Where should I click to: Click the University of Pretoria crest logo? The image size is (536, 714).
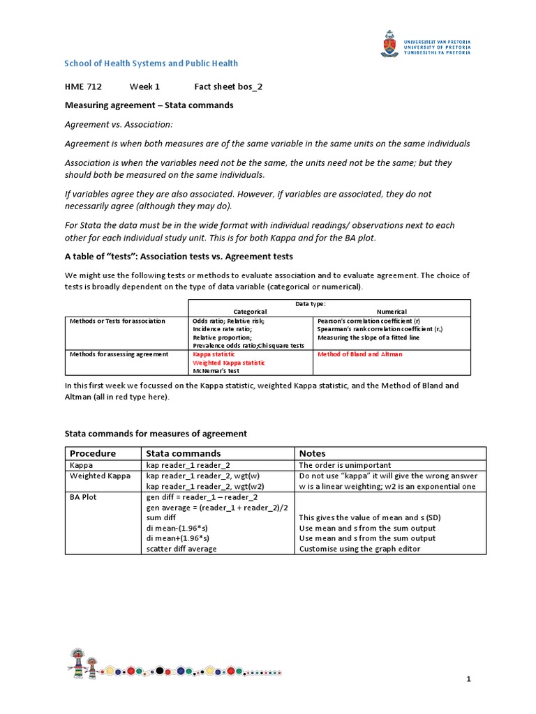(x=387, y=43)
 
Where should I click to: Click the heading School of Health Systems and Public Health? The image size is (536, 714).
(x=151, y=63)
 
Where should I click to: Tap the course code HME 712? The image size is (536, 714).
(x=83, y=86)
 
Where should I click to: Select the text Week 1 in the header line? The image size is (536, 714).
(x=144, y=86)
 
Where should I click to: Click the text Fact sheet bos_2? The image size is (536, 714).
(x=228, y=86)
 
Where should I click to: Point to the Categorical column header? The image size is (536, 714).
(x=250, y=312)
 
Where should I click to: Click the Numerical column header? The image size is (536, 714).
(x=392, y=312)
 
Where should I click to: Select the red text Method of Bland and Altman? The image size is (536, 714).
(x=359, y=354)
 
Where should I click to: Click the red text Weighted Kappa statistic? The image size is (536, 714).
(x=228, y=363)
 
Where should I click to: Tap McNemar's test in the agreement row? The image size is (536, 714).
(x=216, y=371)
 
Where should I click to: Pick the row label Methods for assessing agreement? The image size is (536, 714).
(x=119, y=354)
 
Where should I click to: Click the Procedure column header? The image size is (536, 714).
(x=92, y=453)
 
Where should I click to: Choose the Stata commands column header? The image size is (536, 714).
(x=184, y=453)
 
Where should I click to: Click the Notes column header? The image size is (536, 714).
(x=312, y=453)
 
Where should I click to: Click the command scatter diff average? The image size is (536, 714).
(x=181, y=549)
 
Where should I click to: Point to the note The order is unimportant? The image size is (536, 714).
(x=345, y=465)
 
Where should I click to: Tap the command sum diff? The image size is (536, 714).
(x=162, y=517)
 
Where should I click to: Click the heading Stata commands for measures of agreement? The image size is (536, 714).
(x=156, y=434)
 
